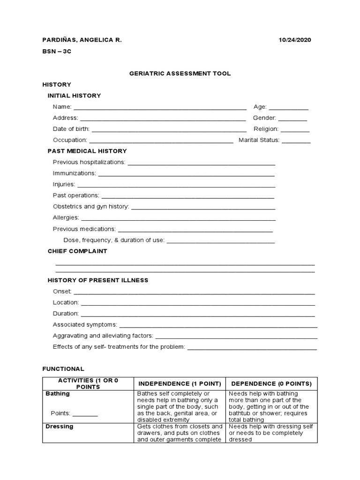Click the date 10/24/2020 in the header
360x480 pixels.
click(x=295, y=40)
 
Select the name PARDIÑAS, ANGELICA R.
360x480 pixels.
click(x=82, y=40)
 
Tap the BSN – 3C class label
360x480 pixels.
click(x=57, y=52)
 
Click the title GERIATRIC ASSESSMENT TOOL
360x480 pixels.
click(x=180, y=74)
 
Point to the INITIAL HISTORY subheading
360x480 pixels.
click(x=74, y=96)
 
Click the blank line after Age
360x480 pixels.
click(x=288, y=108)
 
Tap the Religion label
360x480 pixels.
click(x=266, y=129)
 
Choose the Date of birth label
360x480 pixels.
click(x=71, y=129)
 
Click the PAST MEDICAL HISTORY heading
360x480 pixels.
click(x=87, y=151)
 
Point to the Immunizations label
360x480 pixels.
click(x=74, y=173)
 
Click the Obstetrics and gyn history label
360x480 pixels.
click(x=90, y=206)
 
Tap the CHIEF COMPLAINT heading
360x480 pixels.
click(x=77, y=251)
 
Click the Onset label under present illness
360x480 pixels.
click(x=62, y=292)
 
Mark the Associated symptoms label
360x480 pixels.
click(x=85, y=325)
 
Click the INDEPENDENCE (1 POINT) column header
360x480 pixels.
click(x=180, y=383)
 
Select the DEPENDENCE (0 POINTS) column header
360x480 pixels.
click(x=271, y=383)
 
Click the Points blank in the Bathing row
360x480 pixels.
click(x=85, y=414)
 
